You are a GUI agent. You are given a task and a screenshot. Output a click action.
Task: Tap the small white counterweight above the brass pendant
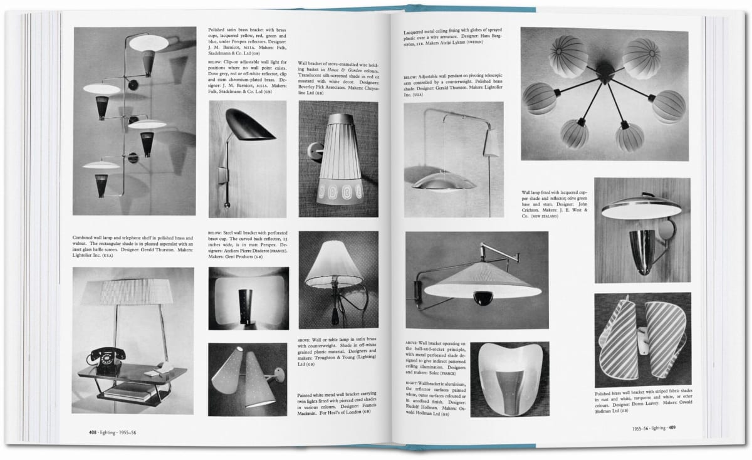491,144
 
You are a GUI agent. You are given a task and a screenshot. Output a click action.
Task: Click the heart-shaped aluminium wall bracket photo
509,379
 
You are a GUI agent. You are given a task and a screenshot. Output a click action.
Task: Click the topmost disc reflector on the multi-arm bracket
150,43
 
